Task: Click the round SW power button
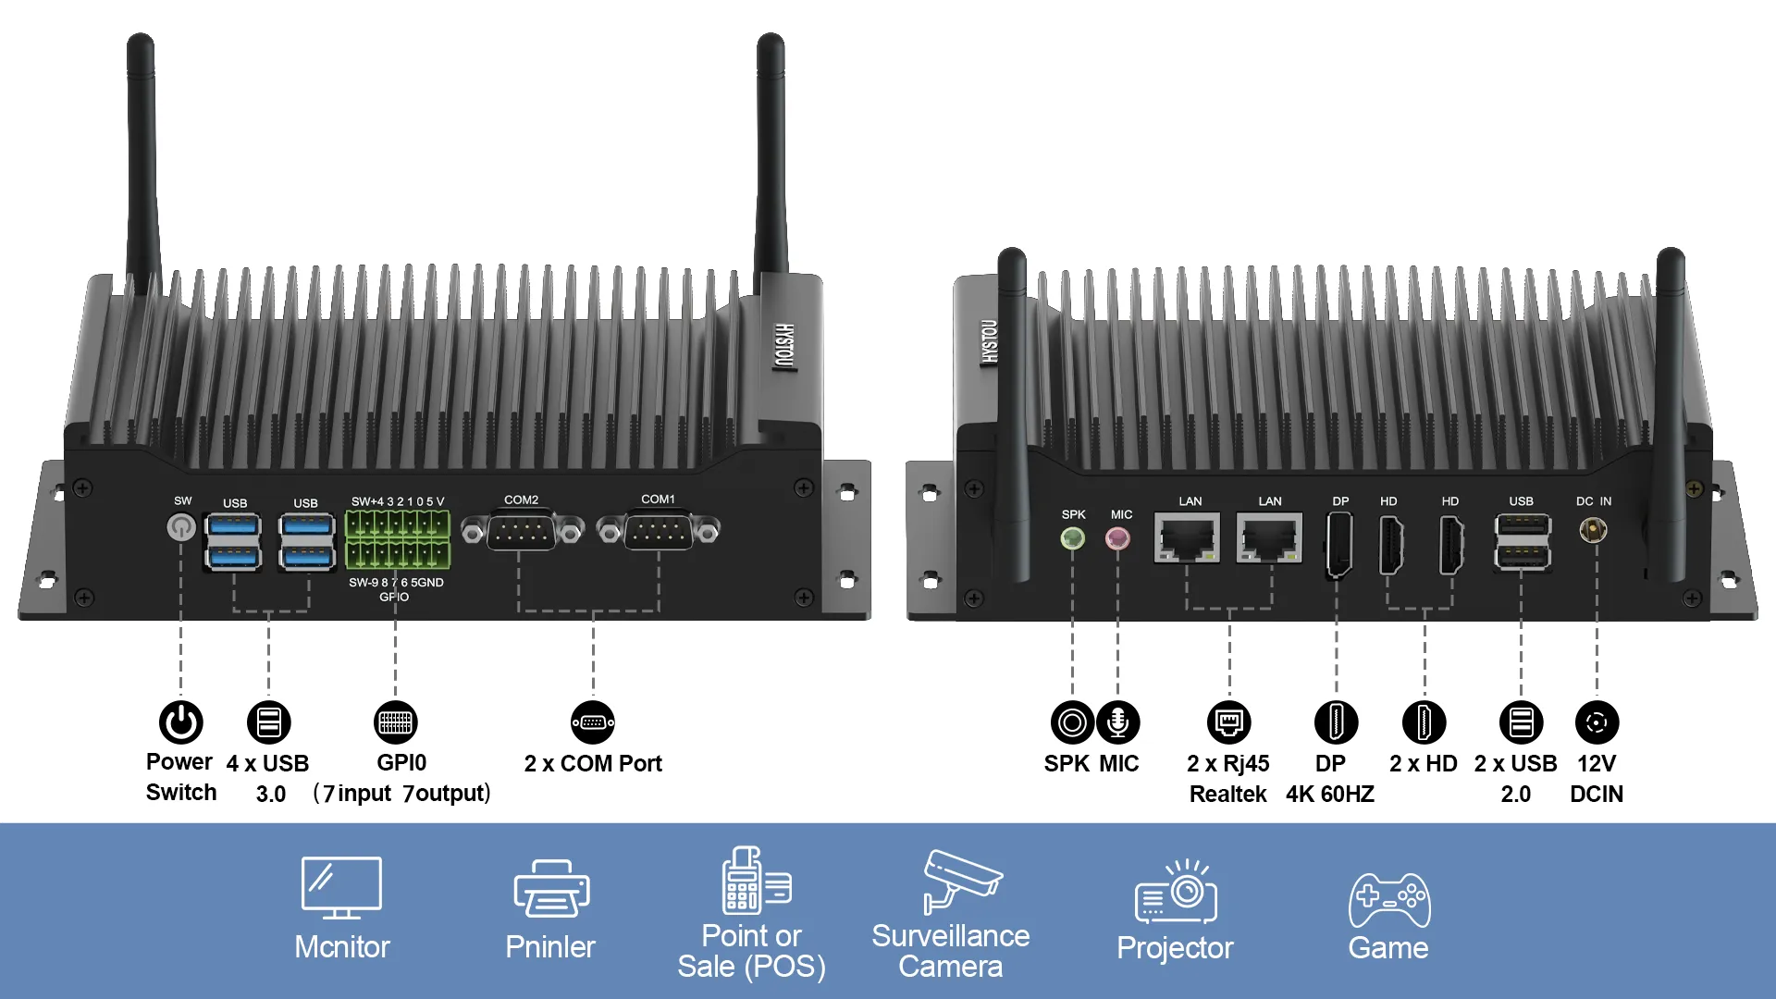181,527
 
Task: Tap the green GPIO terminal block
397,539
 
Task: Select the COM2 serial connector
522,533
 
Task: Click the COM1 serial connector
658,532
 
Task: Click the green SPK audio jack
1072,537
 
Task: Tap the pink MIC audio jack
1117,537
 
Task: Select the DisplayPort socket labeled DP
1338,544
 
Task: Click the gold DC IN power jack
1593,530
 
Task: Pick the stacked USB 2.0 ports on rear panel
1522,542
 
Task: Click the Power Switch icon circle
181,722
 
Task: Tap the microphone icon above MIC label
1118,722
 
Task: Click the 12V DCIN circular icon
1597,722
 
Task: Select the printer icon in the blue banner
551,889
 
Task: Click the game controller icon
1388,900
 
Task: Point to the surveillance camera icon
960,880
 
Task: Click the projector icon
1176,894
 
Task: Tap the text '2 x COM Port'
593,764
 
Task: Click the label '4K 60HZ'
1329,795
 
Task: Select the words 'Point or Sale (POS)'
751,951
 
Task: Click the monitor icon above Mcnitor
341,887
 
